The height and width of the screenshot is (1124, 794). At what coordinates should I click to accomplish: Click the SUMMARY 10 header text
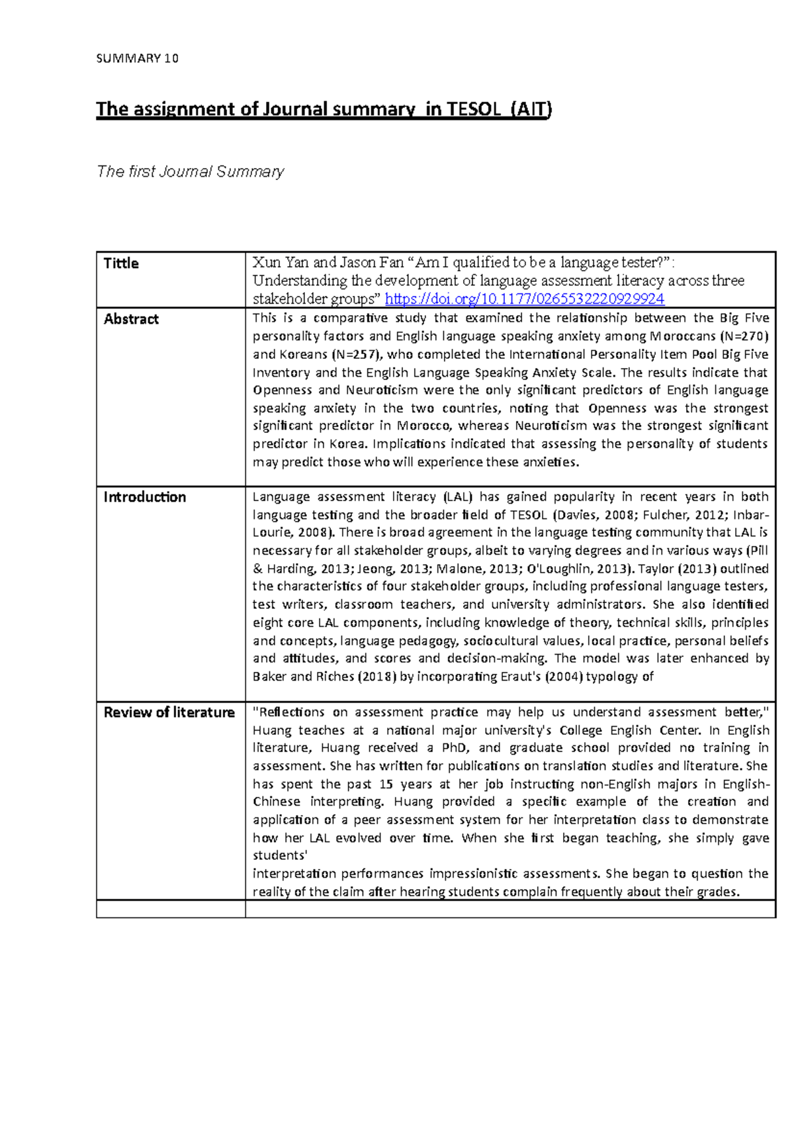coord(137,58)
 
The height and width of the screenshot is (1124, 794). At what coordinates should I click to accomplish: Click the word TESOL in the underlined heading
coord(474,109)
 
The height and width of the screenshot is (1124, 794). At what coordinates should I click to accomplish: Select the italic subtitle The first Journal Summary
coord(190,171)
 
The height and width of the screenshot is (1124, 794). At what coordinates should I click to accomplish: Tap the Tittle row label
coord(121,263)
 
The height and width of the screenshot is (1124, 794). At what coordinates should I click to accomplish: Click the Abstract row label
coord(131,319)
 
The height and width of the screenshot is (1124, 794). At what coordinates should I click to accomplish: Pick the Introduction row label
coord(144,497)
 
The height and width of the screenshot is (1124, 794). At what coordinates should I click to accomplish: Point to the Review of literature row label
coord(169,712)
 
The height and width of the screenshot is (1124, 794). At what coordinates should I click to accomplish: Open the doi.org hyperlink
coord(524,299)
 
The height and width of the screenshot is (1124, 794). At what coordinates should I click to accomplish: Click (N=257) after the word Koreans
coord(351,354)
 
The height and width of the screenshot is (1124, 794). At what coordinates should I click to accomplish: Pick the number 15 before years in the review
coord(386,784)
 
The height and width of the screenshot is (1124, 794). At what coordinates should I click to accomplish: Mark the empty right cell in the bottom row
coord(509,909)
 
